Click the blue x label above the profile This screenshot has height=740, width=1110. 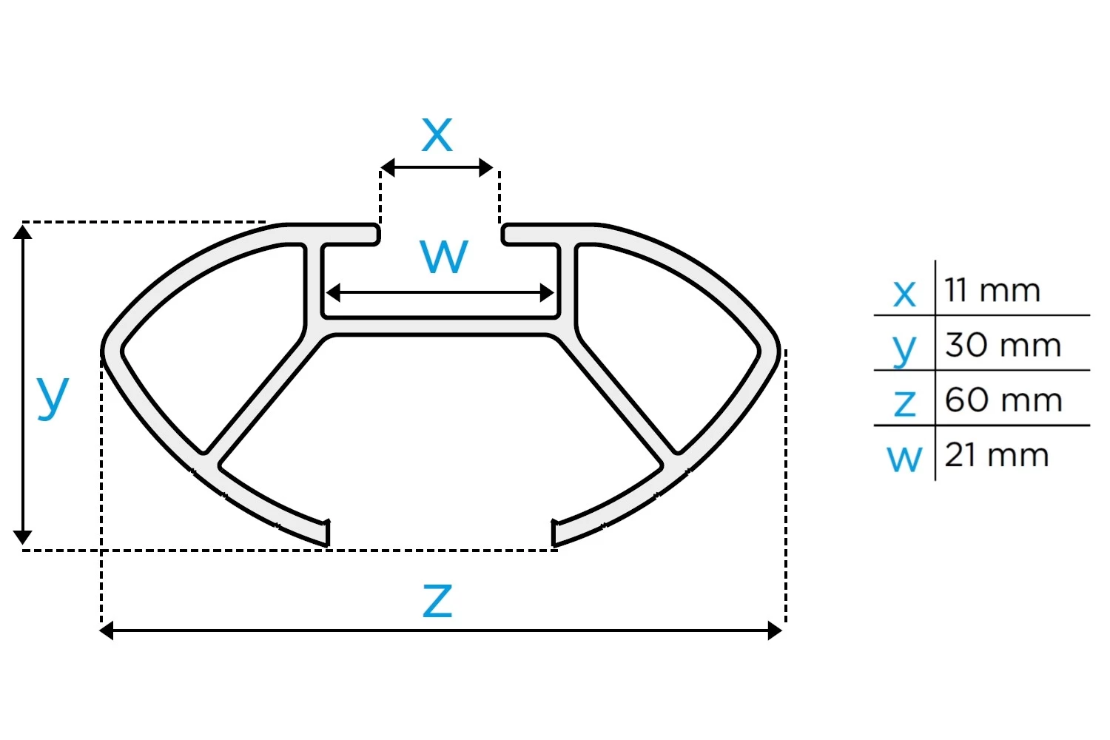click(437, 135)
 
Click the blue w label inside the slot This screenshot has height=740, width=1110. click(444, 256)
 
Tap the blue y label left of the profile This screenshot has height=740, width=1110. click(53, 396)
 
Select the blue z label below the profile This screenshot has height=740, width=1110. click(437, 600)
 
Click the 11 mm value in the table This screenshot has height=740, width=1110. click(992, 290)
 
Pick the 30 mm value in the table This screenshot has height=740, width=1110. click(1003, 345)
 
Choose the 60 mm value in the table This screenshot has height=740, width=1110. click(1003, 400)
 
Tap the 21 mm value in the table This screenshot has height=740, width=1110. click(997, 454)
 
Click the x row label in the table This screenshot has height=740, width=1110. click(904, 293)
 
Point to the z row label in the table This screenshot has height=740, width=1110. click(904, 403)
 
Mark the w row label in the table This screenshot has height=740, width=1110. click(904, 458)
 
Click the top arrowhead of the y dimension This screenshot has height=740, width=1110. click(23, 232)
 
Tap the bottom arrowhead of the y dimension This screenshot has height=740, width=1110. click(23, 537)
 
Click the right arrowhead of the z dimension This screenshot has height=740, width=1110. click(775, 630)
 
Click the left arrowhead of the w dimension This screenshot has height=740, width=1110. click(334, 293)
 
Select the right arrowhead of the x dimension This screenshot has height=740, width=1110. click(485, 168)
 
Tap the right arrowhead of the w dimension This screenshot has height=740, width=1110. click(547, 293)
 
